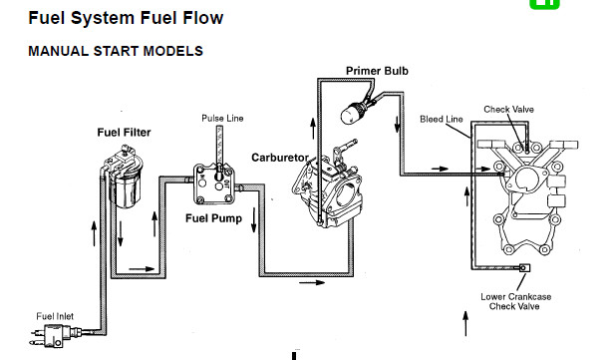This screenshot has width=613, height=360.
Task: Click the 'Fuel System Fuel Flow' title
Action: pyautogui.click(x=126, y=18)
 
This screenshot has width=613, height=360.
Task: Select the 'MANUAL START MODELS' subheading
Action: pyautogui.click(x=116, y=51)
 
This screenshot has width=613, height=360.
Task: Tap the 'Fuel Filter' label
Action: pyautogui.click(x=124, y=133)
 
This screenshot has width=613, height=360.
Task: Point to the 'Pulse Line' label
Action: pyautogui.click(x=222, y=119)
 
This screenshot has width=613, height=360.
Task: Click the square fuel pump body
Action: pyautogui.click(x=214, y=183)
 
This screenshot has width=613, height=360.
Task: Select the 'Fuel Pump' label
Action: pyautogui.click(x=213, y=218)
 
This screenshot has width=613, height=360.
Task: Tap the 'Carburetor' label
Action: pyautogui.click(x=280, y=158)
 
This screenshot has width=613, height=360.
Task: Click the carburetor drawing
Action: pyautogui.click(x=328, y=187)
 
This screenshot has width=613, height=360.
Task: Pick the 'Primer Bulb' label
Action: pyautogui.click(x=377, y=71)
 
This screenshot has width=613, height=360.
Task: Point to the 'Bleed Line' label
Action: pyautogui.click(x=442, y=119)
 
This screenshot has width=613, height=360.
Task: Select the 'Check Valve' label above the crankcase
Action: pyautogui.click(x=508, y=109)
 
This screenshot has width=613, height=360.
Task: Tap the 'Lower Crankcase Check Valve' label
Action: pyautogui.click(x=515, y=302)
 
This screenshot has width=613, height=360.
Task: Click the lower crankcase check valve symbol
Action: pyautogui.click(x=524, y=268)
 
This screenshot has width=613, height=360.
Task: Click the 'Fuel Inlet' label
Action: pyautogui.click(x=55, y=316)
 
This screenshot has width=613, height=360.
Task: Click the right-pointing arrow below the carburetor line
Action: pyautogui.click(x=312, y=282)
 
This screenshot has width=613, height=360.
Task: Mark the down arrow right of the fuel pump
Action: pyautogui.click(x=254, y=220)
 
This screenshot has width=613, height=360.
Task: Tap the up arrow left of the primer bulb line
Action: pyautogui.click(x=313, y=129)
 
